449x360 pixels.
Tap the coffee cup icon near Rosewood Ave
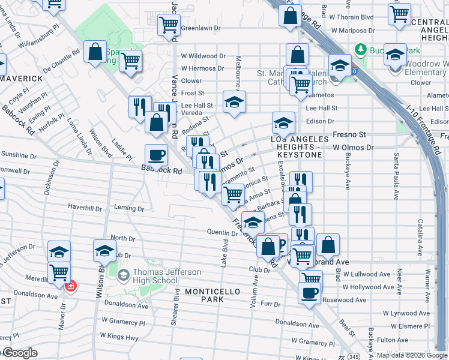point(309,293)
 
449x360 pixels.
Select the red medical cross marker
point(71,286)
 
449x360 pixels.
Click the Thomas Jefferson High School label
point(158,277)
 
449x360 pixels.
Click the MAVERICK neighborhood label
point(21,79)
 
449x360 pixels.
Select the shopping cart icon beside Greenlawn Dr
point(169,25)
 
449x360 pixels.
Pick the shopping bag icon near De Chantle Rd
point(95,52)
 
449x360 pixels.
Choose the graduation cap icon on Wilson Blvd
point(104,251)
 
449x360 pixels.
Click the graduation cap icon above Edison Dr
point(284,124)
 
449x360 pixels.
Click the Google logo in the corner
point(19,353)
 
